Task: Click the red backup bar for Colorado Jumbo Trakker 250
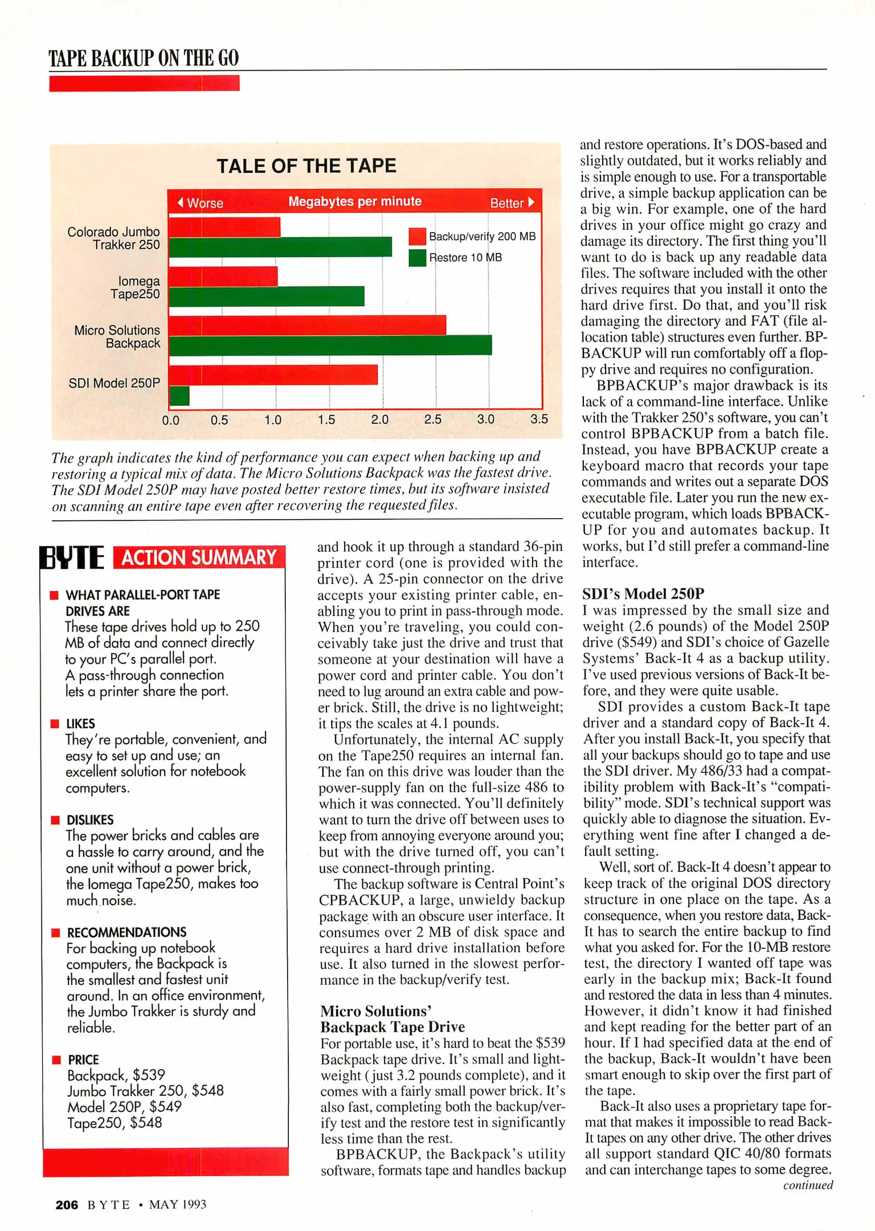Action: [x=224, y=227]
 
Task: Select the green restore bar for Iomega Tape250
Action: [x=267, y=296]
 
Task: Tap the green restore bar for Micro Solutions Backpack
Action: [x=330, y=345]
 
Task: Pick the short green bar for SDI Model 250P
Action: [x=179, y=396]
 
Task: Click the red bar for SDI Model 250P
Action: [x=273, y=374]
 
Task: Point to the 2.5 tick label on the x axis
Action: [x=433, y=419]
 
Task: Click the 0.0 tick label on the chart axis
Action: [x=170, y=421]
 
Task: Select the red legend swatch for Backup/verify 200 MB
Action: [x=417, y=236]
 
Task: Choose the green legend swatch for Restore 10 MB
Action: [x=417, y=258]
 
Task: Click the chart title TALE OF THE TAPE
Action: [x=306, y=166]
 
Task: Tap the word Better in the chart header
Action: [x=506, y=203]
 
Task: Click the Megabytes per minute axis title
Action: [x=354, y=201]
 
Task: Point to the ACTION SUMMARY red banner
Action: [x=199, y=557]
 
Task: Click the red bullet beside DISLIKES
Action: [x=55, y=820]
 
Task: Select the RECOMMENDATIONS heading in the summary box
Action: [x=126, y=932]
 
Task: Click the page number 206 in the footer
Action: [x=67, y=1204]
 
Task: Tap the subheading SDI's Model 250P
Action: [x=643, y=593]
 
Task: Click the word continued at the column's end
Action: [x=807, y=1185]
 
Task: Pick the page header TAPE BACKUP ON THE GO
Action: [x=144, y=58]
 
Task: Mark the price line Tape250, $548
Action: [x=115, y=1123]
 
